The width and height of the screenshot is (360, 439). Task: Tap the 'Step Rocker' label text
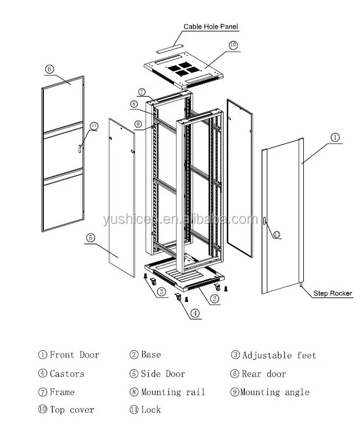332,293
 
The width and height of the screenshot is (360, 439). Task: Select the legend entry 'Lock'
145,410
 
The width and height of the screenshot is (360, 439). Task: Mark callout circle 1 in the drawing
335,136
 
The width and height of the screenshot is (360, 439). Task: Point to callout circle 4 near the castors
194,314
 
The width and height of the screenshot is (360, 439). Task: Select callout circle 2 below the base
215,299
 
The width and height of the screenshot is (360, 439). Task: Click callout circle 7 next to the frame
142,92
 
